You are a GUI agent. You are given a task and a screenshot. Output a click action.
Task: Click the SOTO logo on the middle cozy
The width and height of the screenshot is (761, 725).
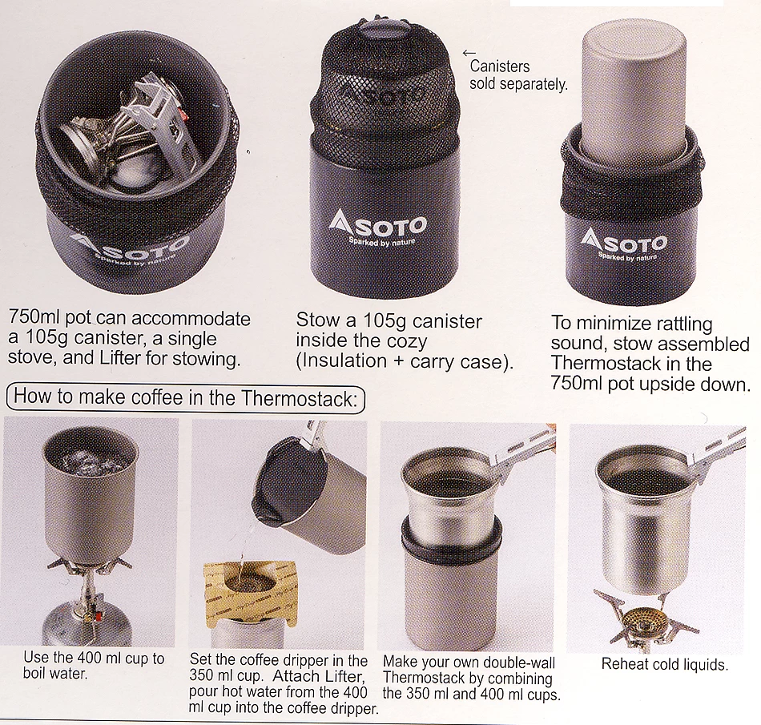pos(377,226)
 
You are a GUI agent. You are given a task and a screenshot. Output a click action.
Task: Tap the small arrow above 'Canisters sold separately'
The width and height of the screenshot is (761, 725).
pos(469,54)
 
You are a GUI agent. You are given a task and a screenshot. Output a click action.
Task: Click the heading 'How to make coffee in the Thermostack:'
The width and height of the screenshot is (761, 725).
pos(185,397)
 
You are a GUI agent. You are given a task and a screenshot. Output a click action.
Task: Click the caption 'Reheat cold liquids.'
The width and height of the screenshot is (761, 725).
pos(664,665)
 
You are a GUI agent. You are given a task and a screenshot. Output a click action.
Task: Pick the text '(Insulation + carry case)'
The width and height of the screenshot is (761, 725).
pos(404,361)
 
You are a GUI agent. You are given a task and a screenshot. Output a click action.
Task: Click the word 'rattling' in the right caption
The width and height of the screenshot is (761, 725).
pos(675,324)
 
